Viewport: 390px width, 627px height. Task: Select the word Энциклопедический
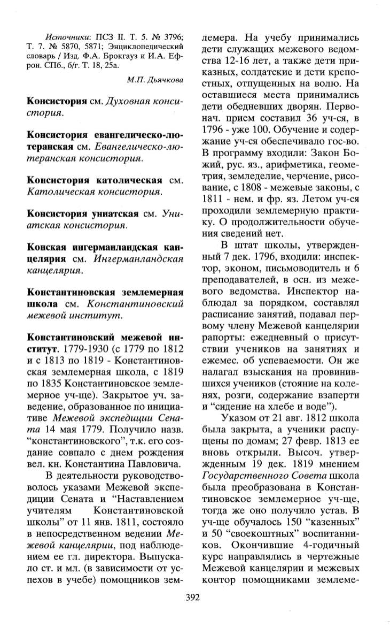[151, 47]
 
